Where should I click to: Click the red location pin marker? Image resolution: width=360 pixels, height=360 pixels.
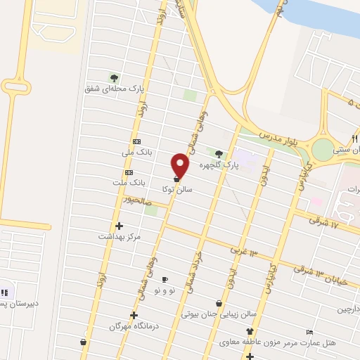tap(181, 165)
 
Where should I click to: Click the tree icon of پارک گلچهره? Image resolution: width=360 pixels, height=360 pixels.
tap(219, 154)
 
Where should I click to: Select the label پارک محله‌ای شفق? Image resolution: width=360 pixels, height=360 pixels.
tap(115, 89)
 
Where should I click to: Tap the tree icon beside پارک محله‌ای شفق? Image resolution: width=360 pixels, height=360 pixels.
tap(114, 78)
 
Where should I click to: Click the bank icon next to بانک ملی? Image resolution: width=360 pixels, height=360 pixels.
tap(136, 141)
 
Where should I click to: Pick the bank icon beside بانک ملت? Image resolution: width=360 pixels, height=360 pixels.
tap(129, 172)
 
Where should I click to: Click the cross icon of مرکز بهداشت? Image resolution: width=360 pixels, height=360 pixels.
tap(119, 226)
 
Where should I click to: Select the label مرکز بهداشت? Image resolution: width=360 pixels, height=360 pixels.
tap(120, 237)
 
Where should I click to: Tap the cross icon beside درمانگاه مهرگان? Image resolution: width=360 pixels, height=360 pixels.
tap(134, 315)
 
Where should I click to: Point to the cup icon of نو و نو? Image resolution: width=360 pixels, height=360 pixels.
tap(165, 279)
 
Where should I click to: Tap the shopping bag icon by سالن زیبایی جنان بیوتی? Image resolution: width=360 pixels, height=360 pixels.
tap(219, 303)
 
